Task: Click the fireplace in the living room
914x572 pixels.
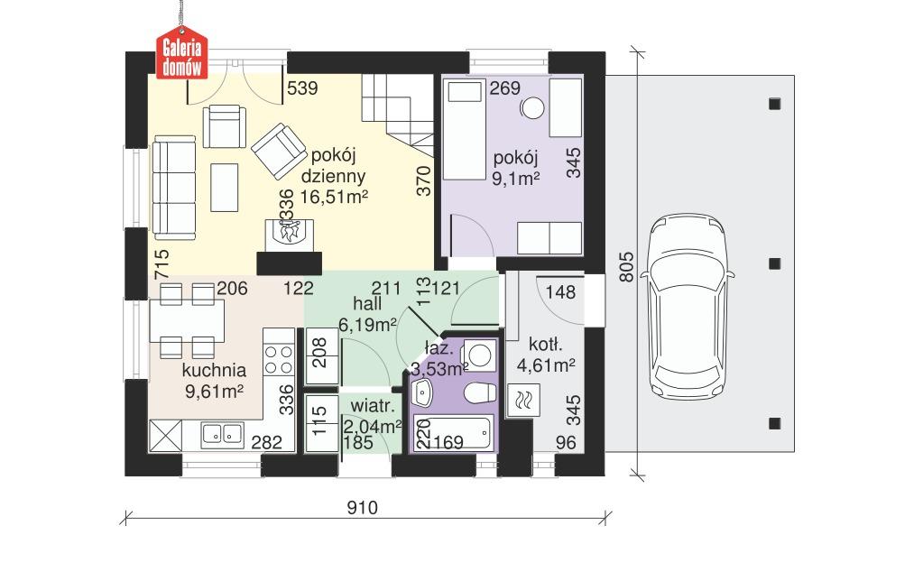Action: tap(289, 232)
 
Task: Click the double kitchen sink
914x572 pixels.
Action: tap(222, 435)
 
